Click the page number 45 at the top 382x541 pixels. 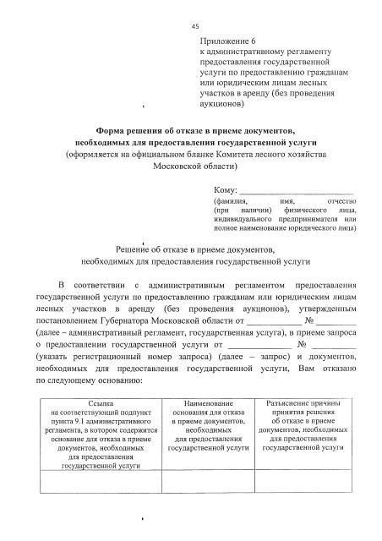(x=194, y=25)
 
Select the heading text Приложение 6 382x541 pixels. (x=228, y=41)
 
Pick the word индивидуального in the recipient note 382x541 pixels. (x=249, y=219)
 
